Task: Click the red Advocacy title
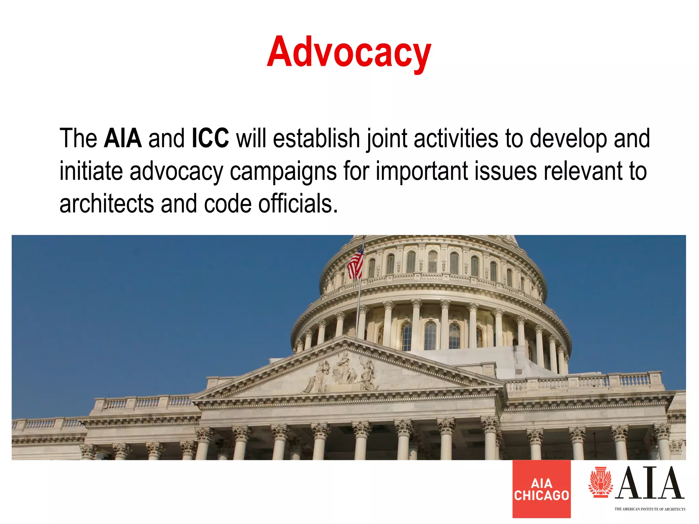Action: (x=349, y=53)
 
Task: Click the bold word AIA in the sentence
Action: (x=123, y=138)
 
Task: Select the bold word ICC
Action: (x=210, y=138)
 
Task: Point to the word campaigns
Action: (x=283, y=172)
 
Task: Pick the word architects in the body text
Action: (x=106, y=204)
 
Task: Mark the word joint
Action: (x=387, y=139)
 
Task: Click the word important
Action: (x=422, y=172)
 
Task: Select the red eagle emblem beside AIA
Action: (x=600, y=482)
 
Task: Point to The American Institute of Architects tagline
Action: (x=650, y=509)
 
